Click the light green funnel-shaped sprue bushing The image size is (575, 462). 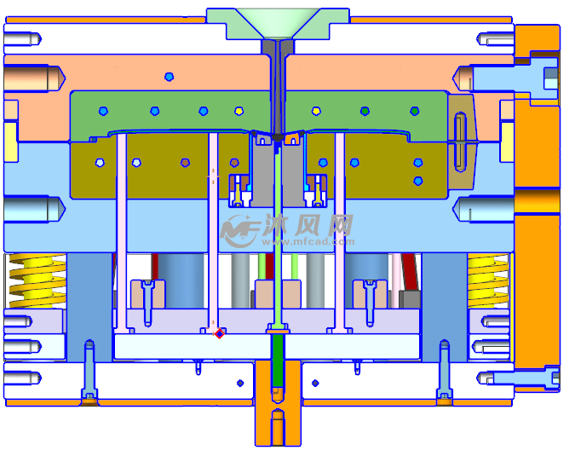pyautogui.click(x=278, y=24)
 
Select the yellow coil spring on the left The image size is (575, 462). pyautogui.click(x=37, y=280)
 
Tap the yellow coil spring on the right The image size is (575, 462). pyautogui.click(x=488, y=280)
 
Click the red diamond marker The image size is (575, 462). pyautogui.click(x=219, y=333)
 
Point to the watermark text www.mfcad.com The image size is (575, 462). pyautogui.click(x=308, y=241)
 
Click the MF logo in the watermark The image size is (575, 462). pyautogui.click(x=240, y=231)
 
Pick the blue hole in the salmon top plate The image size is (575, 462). pyautogui.click(x=169, y=77)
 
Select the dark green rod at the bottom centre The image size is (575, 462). pyautogui.click(x=278, y=360)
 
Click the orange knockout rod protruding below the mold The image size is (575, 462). pyautogui.click(x=278, y=403)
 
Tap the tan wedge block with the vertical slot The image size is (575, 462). pyautogui.click(x=462, y=141)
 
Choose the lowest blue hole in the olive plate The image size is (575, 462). pyautogui.click(x=418, y=181)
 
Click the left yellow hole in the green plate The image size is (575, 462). pyautogui.click(x=239, y=111)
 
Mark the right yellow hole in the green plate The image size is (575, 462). pyautogui.click(x=316, y=111)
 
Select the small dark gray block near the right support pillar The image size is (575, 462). pyautogui.click(x=410, y=298)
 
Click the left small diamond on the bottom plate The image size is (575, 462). pyautogui.click(x=240, y=383)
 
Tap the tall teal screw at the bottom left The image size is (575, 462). pyautogui.click(x=89, y=370)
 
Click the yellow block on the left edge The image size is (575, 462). pyautogui.click(x=11, y=141)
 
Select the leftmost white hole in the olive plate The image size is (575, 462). pyautogui.click(x=100, y=163)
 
